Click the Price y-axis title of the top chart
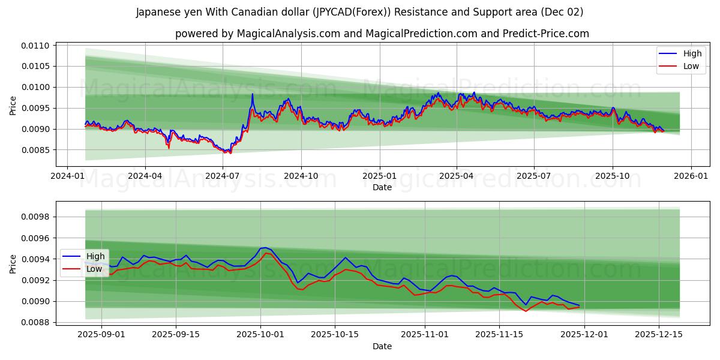point(13,106)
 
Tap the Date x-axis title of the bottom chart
point(382,346)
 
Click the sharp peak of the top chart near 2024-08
point(253,94)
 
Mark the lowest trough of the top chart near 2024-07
point(230,153)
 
